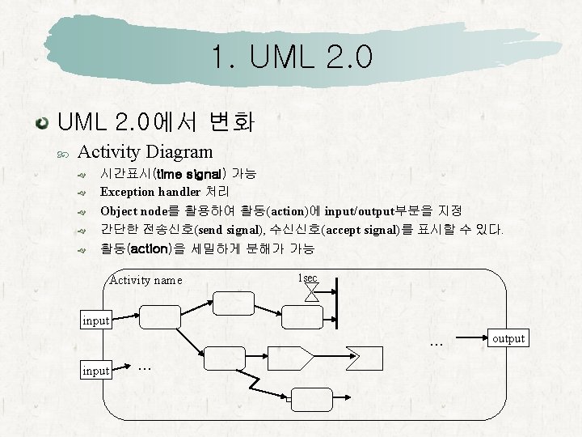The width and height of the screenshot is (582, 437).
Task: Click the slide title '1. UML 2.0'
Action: tap(291, 57)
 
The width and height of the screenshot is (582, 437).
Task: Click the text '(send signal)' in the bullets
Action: tap(234, 230)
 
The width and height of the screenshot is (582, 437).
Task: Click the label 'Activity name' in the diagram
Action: tap(145, 281)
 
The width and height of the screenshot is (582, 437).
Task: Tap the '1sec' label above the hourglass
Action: tap(307, 278)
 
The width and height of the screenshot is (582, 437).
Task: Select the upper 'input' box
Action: tap(96, 320)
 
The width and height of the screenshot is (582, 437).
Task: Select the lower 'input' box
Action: tap(96, 371)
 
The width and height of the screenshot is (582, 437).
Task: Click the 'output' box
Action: tap(508, 338)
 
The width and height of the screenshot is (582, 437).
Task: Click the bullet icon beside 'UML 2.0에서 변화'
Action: tap(40, 124)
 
